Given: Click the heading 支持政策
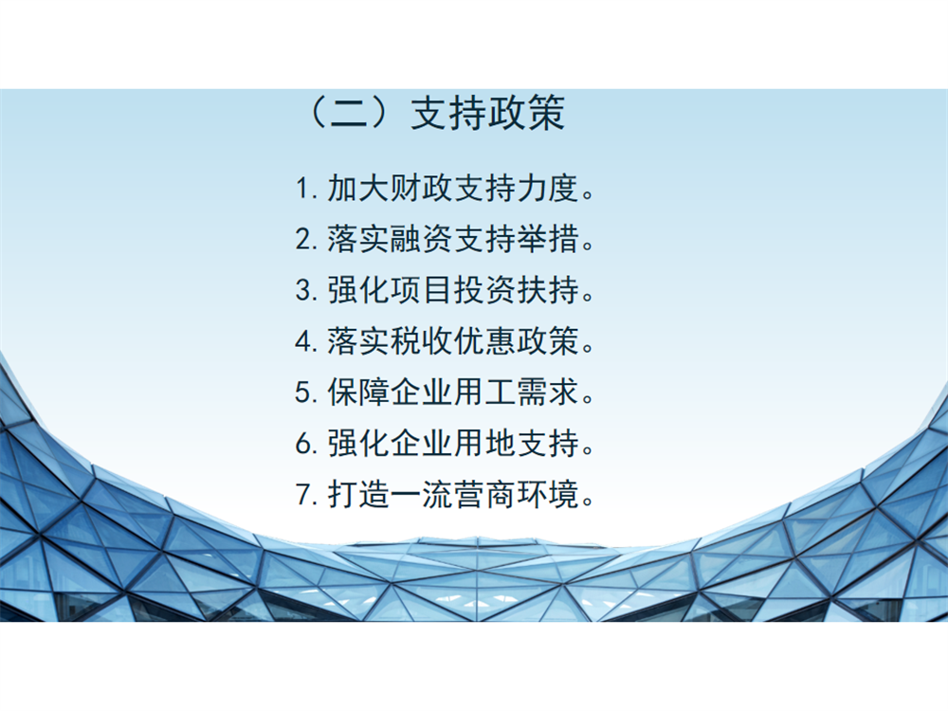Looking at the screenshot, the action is coord(488,113).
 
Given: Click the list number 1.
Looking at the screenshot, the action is coord(303,188).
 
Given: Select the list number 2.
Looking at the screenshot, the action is coord(303,239).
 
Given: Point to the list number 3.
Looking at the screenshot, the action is coord(303,290).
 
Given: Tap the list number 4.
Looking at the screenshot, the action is coord(303,341).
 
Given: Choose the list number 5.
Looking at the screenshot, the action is coord(303,392).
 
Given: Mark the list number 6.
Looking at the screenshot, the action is coord(303,444).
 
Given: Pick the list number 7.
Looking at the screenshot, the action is coord(303,495).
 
